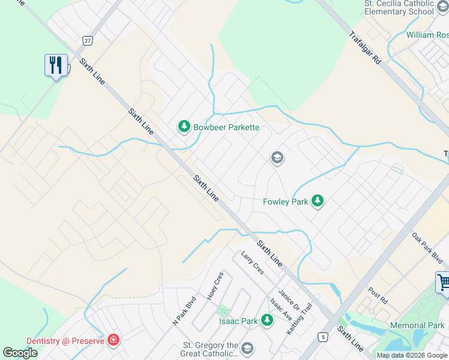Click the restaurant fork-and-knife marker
click(x=56, y=65)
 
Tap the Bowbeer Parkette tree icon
click(x=184, y=127)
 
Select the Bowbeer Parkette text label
click(x=226, y=127)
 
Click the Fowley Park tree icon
click(x=318, y=202)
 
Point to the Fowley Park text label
click(x=286, y=202)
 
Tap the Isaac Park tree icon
click(x=267, y=321)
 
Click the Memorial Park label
click(x=417, y=326)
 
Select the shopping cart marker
click(x=444, y=283)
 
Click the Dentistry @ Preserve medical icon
click(x=113, y=341)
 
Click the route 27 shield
click(x=88, y=40)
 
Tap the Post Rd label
click(x=378, y=295)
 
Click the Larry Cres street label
click(x=252, y=263)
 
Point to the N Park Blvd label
click(x=185, y=311)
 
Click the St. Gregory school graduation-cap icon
click(x=247, y=349)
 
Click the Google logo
click(x=20, y=352)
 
